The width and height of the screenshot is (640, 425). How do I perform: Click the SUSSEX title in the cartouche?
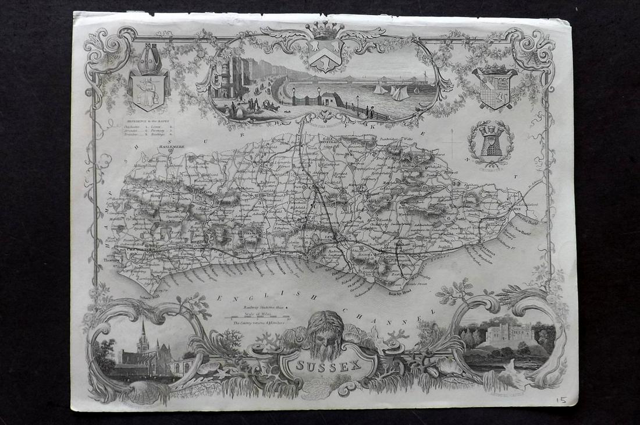[329, 367]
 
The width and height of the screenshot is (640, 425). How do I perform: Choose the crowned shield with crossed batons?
[494, 87]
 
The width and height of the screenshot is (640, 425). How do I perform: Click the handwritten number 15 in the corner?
[560, 401]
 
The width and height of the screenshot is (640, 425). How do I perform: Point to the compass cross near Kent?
[451, 141]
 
